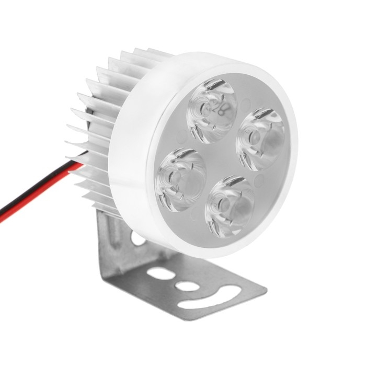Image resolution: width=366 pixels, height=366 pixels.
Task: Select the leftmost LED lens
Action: (181, 179)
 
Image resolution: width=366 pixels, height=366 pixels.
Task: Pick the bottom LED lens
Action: (230, 205)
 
